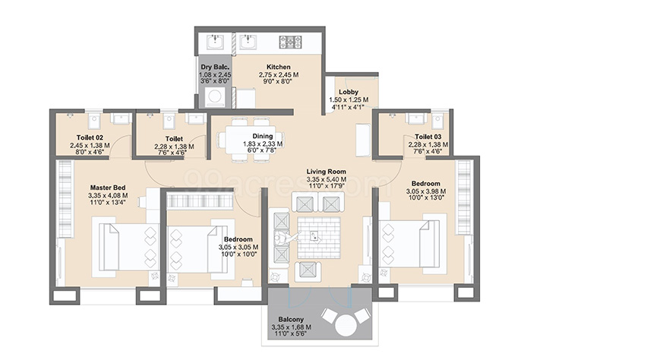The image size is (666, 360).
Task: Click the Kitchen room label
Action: [279, 67]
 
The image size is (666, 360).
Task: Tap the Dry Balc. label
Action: [215, 67]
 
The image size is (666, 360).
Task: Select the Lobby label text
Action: [349, 92]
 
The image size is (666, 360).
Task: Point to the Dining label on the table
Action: [263, 136]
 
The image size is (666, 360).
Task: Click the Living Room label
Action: [327, 172]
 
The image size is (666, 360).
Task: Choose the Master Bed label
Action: [108, 188]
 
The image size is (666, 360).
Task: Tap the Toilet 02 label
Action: [90, 137]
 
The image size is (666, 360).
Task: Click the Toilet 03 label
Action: [428, 137]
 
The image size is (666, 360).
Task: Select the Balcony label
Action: [291, 319]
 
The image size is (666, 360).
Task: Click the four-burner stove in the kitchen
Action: [291, 42]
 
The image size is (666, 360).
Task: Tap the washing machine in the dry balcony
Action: [215, 97]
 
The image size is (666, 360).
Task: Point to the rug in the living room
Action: [319, 238]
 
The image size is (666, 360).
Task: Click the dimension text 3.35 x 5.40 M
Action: [327, 179]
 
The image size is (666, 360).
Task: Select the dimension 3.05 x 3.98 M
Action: [425, 191]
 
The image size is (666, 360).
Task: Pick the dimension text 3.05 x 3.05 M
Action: [238, 247]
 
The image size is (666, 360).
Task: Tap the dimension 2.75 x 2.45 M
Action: [279, 74]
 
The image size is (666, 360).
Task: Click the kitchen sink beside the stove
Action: [247, 43]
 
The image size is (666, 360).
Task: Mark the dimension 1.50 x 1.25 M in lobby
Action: [349, 100]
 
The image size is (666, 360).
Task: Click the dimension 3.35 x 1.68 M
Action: [292, 327]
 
